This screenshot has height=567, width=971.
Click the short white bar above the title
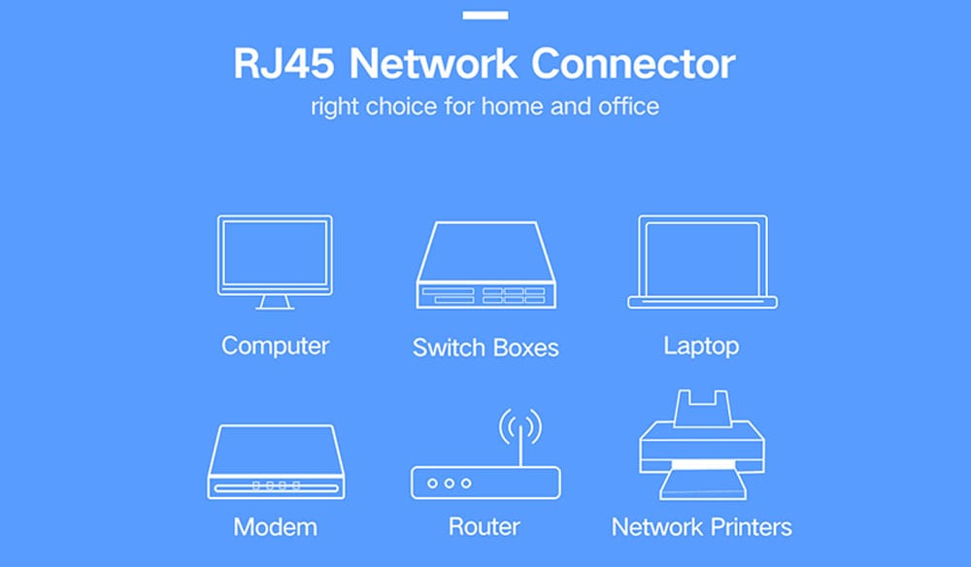(x=485, y=16)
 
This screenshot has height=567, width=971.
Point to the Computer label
(x=275, y=345)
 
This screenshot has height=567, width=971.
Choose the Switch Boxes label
(x=485, y=348)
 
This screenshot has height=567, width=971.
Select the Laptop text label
(x=701, y=346)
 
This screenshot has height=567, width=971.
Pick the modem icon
(x=276, y=462)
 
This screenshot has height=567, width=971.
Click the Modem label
(x=275, y=527)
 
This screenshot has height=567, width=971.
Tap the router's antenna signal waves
(x=519, y=424)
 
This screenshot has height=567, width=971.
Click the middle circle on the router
(x=449, y=483)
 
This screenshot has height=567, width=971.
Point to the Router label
(x=485, y=526)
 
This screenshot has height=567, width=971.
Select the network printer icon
(x=701, y=447)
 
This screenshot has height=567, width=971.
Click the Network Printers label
(x=701, y=527)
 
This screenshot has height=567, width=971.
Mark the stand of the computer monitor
(x=274, y=302)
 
